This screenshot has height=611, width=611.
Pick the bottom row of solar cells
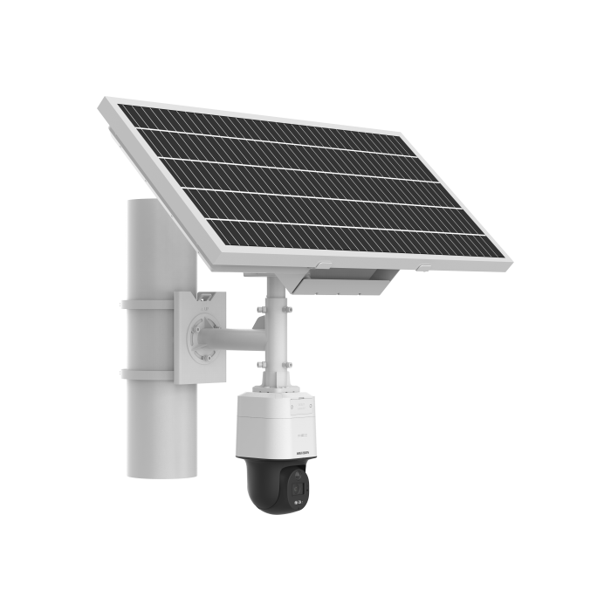point(349,236)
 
